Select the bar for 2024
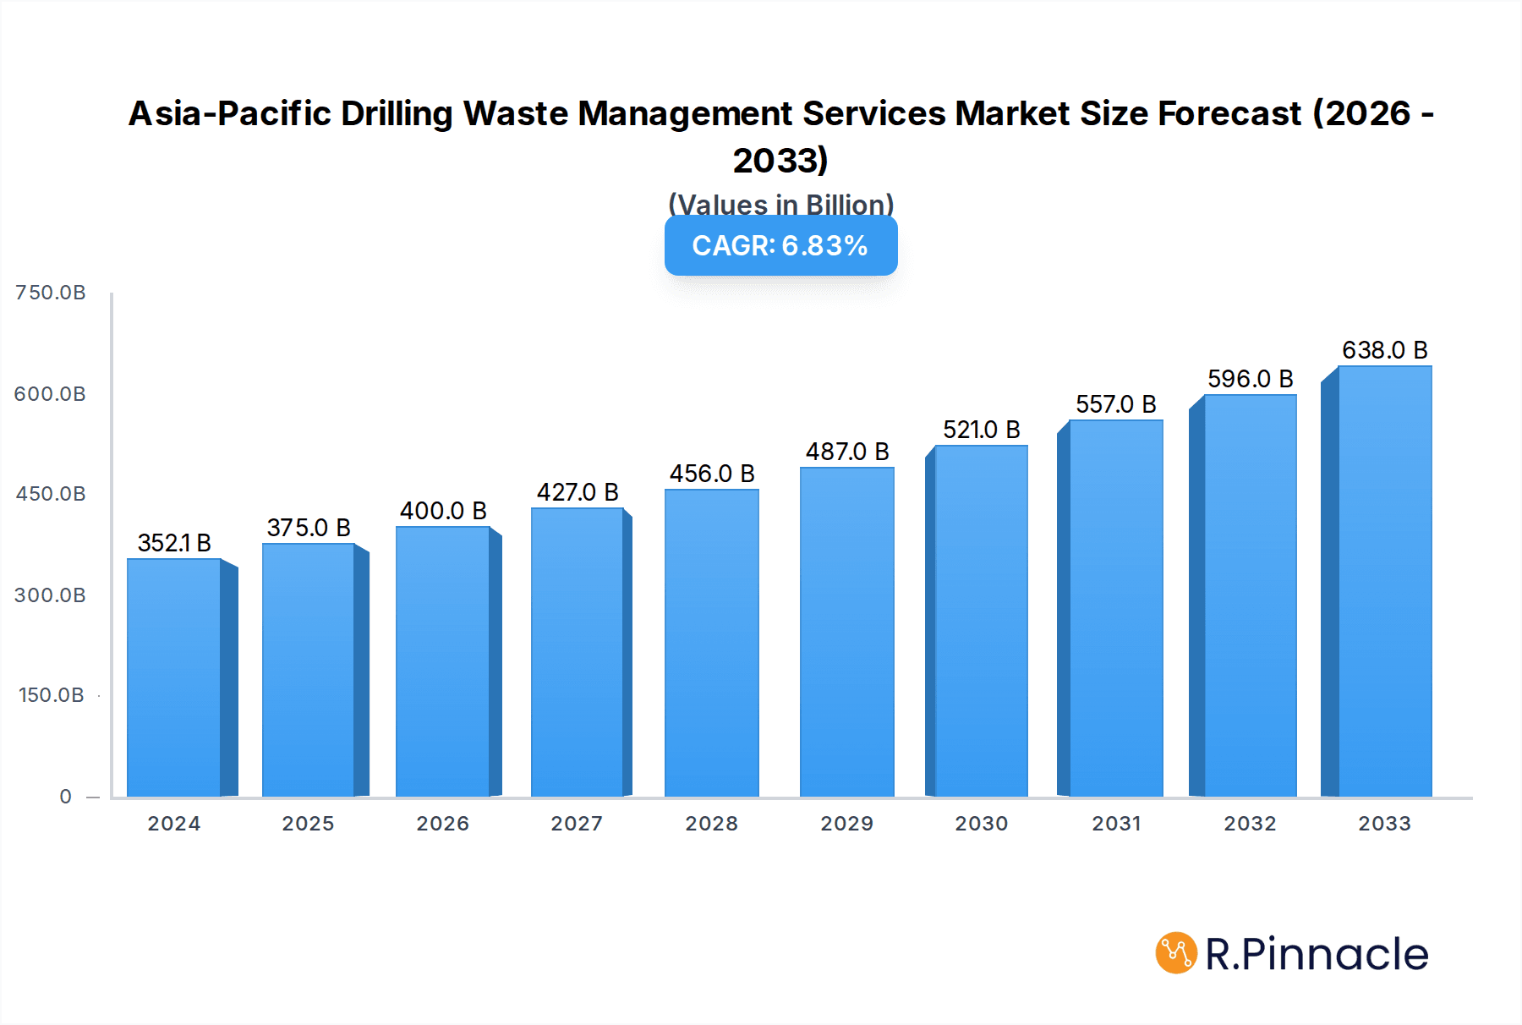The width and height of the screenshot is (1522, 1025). coord(174,677)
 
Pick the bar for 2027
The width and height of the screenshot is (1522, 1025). coord(578,652)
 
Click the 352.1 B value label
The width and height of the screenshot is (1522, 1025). coord(174,543)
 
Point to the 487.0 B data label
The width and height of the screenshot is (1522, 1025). coord(847,452)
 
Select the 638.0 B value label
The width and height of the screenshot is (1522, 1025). coord(1384,350)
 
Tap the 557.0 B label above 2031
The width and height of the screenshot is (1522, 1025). coord(1115,404)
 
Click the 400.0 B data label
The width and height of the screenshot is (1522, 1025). coord(443,511)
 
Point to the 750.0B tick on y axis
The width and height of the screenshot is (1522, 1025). coord(51,293)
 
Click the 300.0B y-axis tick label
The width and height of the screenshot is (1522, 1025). coord(51,595)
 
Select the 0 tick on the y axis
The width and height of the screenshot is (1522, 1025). coord(66,797)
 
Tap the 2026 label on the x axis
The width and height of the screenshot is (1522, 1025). coord(442,824)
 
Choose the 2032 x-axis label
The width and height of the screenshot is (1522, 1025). coord(1250,824)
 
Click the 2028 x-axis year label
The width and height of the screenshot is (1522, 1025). coord(711,824)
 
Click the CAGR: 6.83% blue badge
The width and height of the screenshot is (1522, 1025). coord(780,245)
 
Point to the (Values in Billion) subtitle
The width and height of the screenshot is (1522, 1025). coord(780,205)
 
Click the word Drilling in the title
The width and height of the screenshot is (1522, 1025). coord(397,113)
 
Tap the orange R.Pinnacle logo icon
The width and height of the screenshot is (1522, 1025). coord(1176,953)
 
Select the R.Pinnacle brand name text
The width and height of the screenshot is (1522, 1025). coord(1317,954)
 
